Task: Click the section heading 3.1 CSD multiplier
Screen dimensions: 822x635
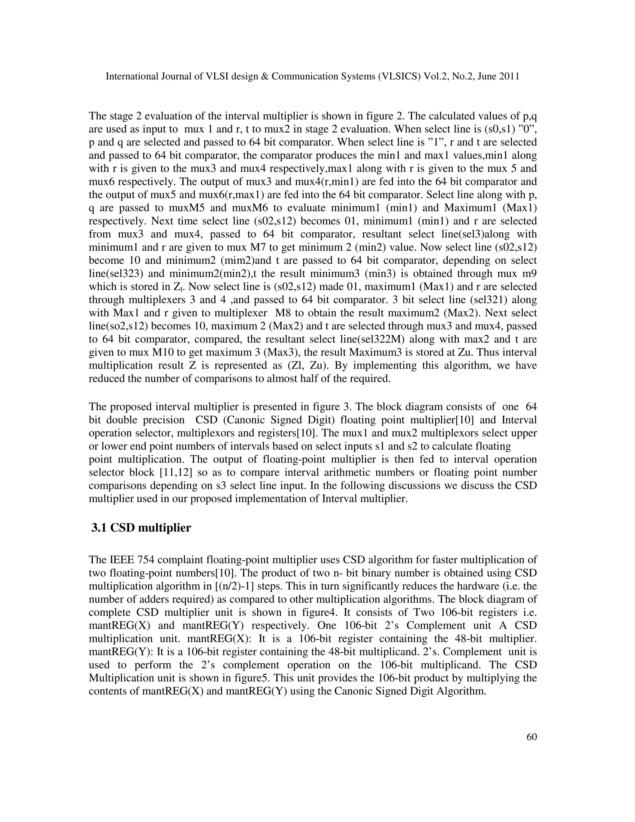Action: (x=141, y=528)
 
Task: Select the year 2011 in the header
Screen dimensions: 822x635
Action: (x=510, y=76)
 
